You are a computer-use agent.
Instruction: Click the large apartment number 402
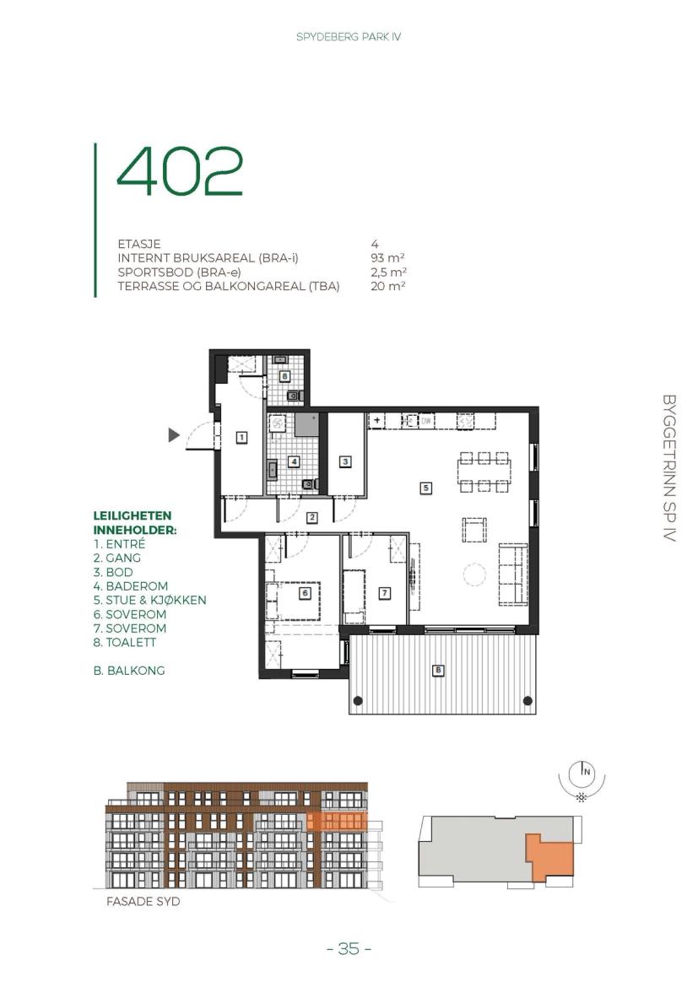180,171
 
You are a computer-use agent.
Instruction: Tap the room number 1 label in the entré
241,437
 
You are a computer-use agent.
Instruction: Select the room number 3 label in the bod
345,462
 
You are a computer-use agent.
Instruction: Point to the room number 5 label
426,488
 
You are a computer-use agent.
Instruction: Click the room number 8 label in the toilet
285,376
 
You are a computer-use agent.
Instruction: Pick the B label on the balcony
438,671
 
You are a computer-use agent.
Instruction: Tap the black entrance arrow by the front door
174,434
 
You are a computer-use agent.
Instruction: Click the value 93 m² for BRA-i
387,257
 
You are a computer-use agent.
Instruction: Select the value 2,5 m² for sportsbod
388,272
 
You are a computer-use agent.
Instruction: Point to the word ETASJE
139,244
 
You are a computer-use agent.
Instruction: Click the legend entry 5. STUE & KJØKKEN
150,600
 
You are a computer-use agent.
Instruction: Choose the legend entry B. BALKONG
129,671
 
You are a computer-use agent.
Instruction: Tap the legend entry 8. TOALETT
125,642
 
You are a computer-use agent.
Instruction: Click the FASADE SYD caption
143,902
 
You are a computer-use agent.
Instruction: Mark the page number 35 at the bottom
349,948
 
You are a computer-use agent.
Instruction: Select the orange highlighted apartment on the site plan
550,857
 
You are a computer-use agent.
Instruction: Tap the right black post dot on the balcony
528,700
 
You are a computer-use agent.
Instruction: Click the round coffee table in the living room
474,574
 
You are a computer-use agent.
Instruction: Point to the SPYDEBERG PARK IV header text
349,37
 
